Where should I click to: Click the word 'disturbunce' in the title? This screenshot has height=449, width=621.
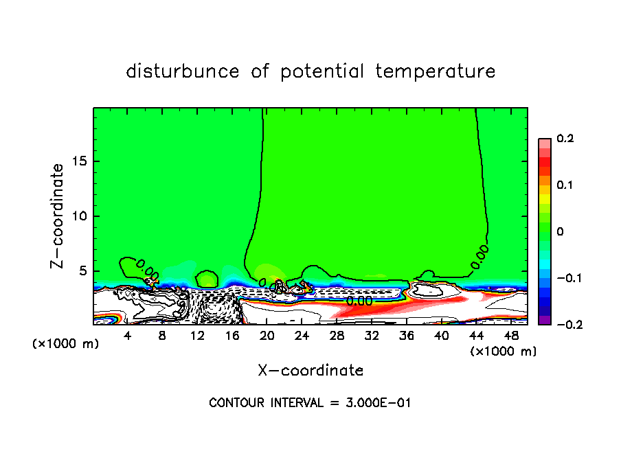(183, 71)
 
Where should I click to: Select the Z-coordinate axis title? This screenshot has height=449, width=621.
(59, 216)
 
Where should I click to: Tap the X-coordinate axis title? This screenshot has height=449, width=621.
(310, 371)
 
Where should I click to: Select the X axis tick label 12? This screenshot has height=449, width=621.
(197, 336)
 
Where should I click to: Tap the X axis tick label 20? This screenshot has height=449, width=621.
(267, 336)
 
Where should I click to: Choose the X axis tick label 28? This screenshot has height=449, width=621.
(337, 336)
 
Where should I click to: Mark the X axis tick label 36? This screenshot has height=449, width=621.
(407, 336)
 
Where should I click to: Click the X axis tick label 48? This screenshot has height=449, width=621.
(511, 336)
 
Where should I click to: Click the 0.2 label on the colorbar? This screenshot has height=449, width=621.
(565, 139)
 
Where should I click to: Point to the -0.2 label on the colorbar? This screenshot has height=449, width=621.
(563, 325)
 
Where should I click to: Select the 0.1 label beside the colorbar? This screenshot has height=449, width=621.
(565, 185)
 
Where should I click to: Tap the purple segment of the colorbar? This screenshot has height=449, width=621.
(545, 320)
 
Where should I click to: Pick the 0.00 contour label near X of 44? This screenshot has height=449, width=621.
(479, 256)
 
